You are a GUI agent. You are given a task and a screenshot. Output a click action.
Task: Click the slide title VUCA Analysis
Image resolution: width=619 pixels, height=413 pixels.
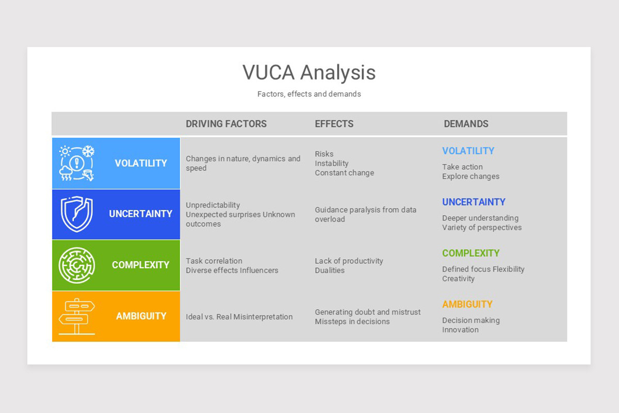click(309, 72)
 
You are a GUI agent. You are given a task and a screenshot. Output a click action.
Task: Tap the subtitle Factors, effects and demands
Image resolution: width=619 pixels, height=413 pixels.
click(309, 94)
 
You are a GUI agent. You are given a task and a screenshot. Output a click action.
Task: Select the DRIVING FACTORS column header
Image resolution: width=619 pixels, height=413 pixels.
click(226, 124)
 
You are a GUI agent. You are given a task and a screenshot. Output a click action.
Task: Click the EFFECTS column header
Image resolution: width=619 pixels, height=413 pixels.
click(334, 124)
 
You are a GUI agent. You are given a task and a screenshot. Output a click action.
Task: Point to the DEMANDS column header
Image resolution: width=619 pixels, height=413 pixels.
click(466, 124)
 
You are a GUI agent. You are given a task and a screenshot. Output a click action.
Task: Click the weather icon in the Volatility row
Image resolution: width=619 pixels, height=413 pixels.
click(77, 163)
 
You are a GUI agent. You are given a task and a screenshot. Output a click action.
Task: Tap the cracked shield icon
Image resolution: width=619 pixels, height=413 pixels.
click(77, 214)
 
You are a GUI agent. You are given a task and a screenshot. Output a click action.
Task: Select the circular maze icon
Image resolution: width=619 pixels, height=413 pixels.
click(77, 265)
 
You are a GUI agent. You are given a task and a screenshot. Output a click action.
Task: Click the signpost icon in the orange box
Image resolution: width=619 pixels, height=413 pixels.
click(77, 316)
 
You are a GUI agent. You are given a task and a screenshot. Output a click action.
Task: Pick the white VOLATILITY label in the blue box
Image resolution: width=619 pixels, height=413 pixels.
click(141, 163)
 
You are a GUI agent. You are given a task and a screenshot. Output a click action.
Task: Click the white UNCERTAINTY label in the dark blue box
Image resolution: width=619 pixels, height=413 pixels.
click(140, 214)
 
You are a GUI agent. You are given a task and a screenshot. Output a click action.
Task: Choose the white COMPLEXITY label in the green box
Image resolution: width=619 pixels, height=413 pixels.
click(140, 265)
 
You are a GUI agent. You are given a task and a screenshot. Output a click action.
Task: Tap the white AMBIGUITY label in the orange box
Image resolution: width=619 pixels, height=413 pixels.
click(141, 316)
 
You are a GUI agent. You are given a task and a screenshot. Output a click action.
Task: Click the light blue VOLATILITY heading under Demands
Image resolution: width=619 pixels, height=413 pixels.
click(468, 151)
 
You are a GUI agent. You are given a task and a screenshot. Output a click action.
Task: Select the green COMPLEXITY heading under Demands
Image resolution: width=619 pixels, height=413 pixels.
click(470, 253)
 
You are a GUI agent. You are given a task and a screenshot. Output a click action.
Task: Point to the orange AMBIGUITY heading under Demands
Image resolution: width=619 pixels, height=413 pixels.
click(467, 304)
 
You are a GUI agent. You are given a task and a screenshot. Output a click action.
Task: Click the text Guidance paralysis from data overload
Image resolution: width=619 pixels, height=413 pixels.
click(365, 214)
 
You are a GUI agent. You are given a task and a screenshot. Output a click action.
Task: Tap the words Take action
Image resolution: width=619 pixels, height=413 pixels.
click(462, 167)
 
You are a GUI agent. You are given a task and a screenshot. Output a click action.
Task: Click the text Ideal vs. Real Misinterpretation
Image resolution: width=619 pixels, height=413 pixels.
click(239, 317)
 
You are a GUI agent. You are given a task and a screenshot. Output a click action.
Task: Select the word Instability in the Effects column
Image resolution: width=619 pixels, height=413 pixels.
click(332, 163)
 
